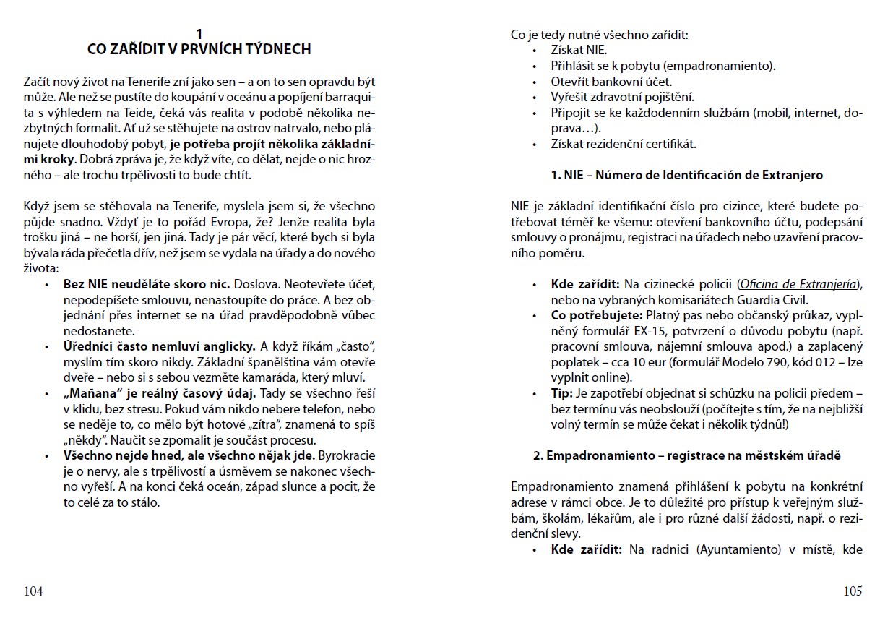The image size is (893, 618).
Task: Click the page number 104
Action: (x=33, y=591)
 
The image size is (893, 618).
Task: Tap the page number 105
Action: (x=853, y=591)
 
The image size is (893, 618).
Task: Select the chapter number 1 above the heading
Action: (x=199, y=33)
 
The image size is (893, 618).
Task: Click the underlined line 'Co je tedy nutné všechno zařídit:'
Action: (x=599, y=34)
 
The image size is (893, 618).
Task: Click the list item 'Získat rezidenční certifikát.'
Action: (x=624, y=143)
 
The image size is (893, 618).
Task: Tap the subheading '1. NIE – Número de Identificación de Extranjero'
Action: (x=686, y=175)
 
